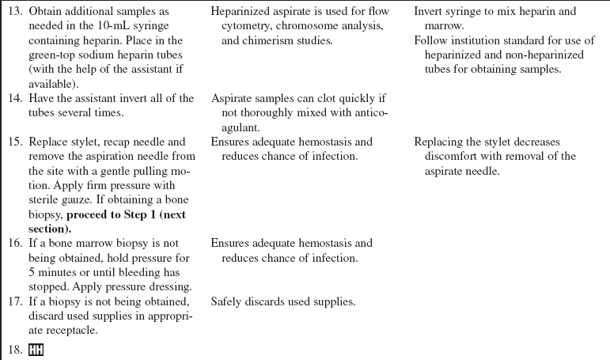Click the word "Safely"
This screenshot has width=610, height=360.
pos(228,301)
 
